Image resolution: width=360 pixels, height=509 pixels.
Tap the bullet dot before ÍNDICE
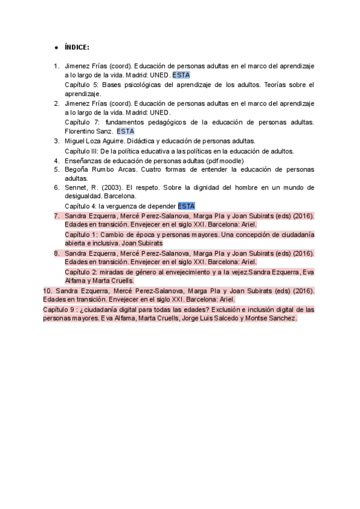[x=55, y=47]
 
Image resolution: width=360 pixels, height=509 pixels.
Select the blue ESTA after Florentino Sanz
[x=125, y=131]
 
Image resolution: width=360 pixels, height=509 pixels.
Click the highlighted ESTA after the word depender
[x=186, y=206]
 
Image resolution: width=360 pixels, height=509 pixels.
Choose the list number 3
[x=56, y=140]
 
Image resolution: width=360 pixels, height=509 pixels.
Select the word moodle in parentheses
[x=229, y=160]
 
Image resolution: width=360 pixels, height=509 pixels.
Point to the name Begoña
[x=77, y=169]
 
